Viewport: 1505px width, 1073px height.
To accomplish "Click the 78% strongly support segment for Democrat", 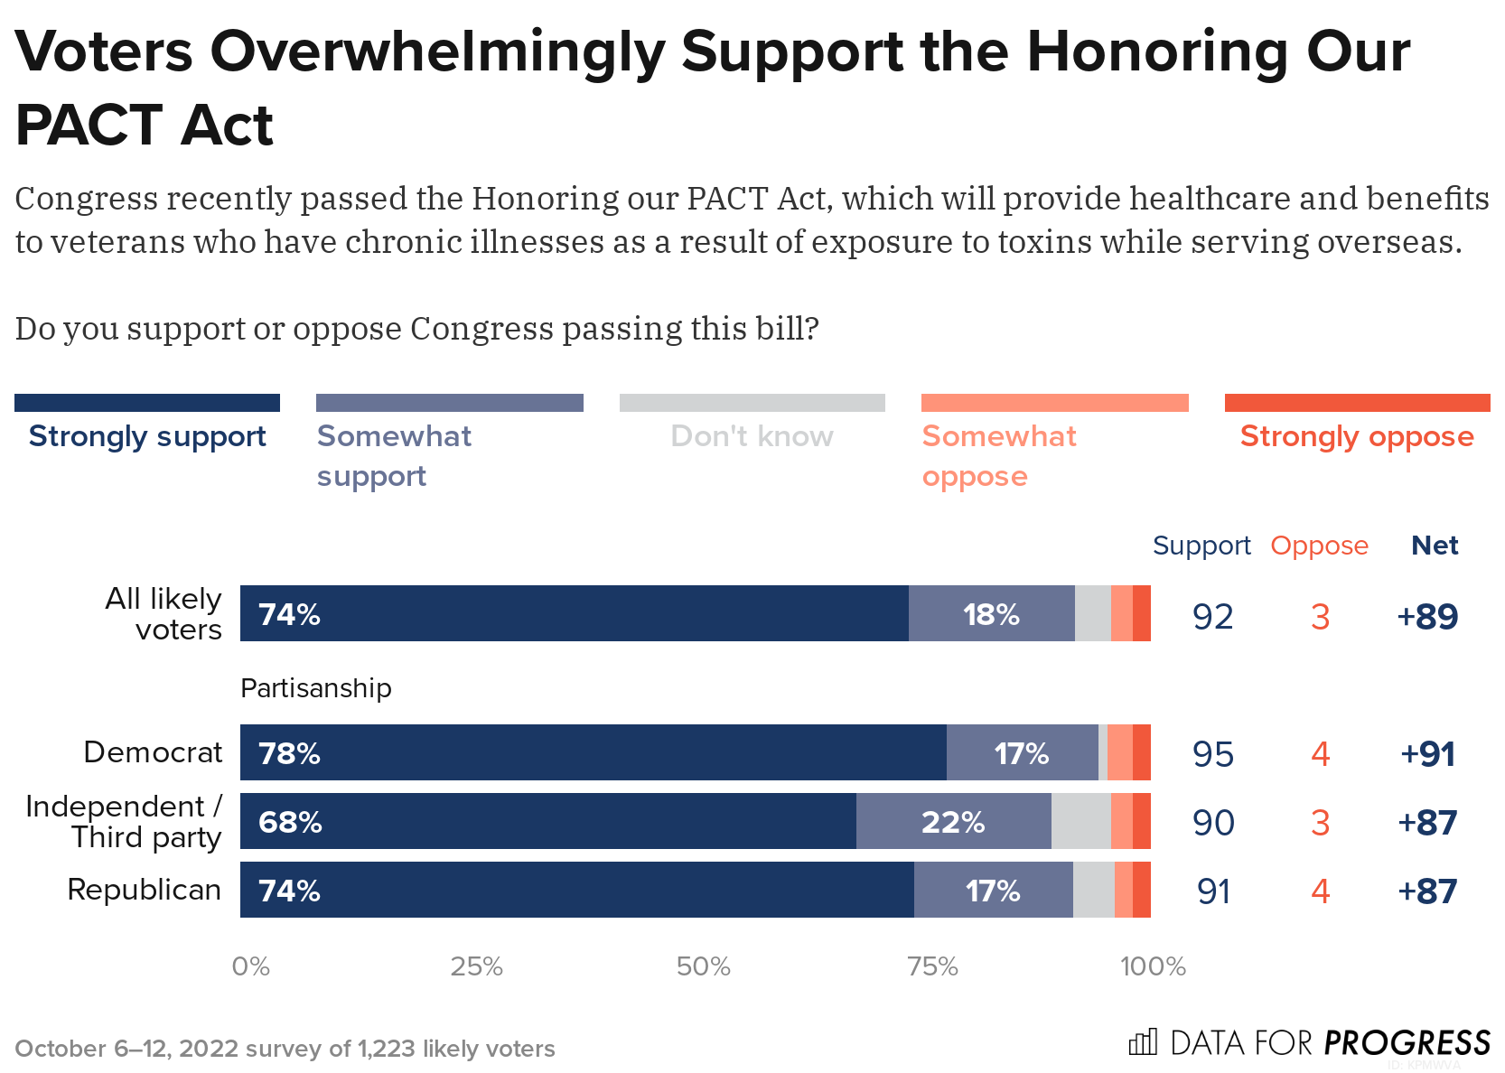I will pos(593,752).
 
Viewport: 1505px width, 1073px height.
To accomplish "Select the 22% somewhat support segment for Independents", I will pos(953,822).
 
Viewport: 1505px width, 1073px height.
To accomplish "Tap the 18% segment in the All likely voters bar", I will pos(991,614).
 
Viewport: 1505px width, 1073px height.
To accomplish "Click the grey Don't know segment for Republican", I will pos(1093,891).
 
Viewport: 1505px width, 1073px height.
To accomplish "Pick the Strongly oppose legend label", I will pos(1356,436).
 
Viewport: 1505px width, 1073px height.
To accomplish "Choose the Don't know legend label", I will pos(752,436).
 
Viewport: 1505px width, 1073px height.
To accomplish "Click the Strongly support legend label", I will pos(147,436).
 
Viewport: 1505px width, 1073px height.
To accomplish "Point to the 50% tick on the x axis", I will pos(703,967).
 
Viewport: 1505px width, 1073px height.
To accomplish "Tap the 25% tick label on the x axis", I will pos(476,967).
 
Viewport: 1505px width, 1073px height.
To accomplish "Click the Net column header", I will pos(1435,546).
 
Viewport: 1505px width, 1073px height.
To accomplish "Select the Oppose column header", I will pos(1319,546).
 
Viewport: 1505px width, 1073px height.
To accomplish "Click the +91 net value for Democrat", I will pos(1427,754).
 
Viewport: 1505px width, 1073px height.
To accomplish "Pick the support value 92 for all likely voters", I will pos(1212,617).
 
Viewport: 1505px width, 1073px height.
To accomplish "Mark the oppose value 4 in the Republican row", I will pos(1320,891).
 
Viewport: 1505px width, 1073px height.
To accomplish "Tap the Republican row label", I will pos(145,890).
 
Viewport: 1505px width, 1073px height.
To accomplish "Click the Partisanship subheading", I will pos(315,688).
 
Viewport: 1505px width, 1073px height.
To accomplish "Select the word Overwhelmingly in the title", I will pos(437,51).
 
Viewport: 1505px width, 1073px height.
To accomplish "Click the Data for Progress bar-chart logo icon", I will pos(1143,1042).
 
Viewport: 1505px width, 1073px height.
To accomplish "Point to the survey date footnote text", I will pos(285,1049).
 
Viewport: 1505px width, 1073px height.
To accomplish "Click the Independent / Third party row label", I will pos(124,821).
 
